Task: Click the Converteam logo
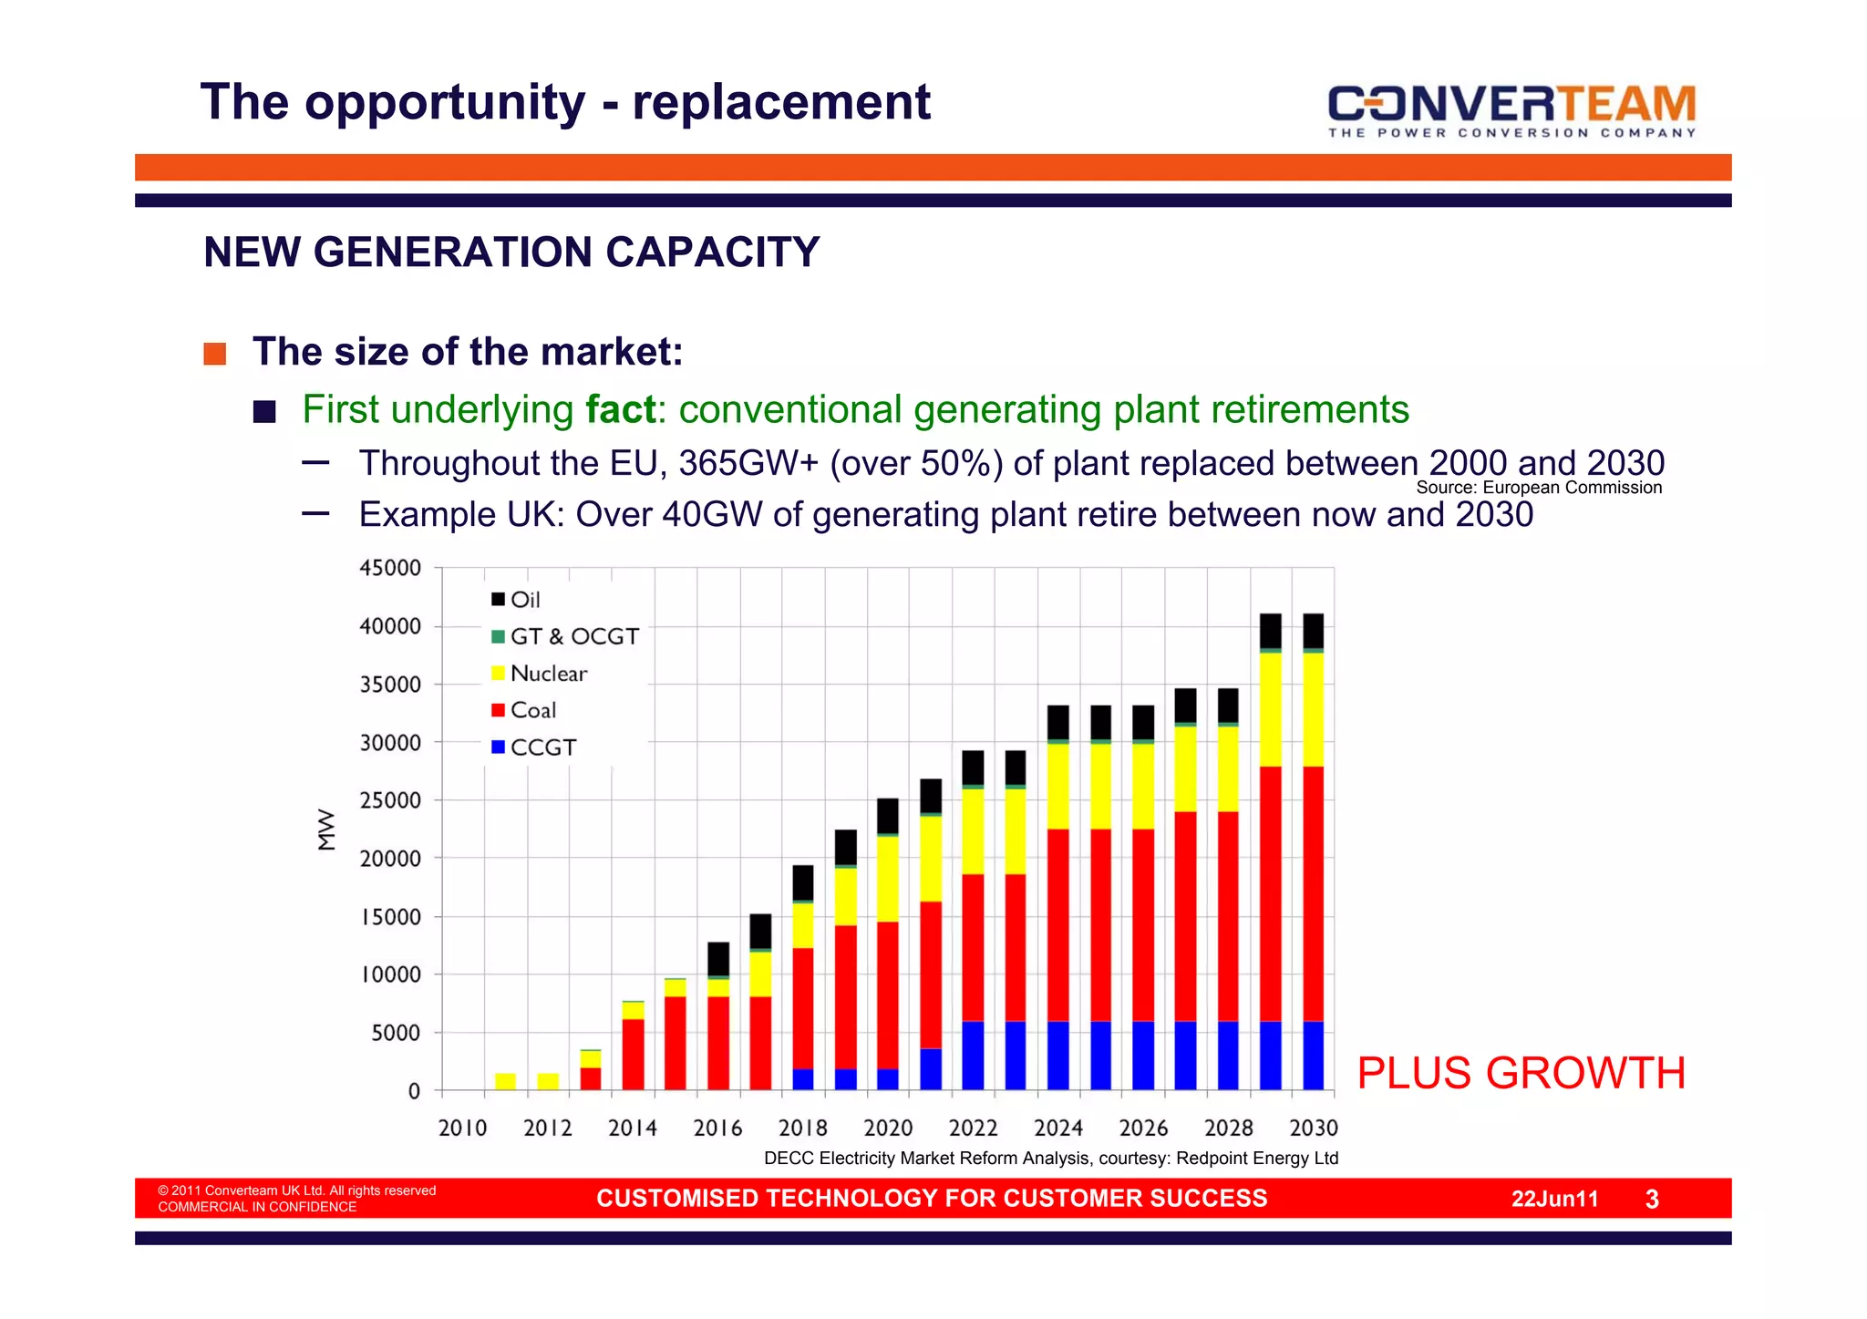1511,109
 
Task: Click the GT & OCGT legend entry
565,636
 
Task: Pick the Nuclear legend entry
539,674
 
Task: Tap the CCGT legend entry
533,747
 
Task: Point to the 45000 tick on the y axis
390,568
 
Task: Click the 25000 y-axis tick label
390,800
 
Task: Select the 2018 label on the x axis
802,1128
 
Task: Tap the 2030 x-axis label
1313,1128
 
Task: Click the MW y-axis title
326,830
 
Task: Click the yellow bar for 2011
505,1081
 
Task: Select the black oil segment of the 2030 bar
1313,631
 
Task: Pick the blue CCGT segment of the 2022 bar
973,1056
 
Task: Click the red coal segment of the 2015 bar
676,1043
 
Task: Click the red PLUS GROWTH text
1521,1073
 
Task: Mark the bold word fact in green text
620,409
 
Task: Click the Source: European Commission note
1539,488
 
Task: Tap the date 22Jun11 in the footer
1554,1199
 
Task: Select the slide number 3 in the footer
1652,1200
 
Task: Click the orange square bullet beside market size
214,354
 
